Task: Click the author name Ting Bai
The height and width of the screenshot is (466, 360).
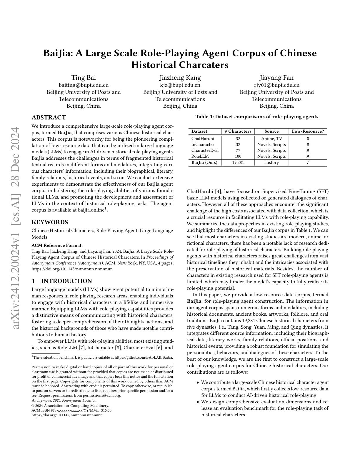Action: (x=84, y=78)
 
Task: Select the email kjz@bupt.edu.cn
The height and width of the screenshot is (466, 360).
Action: (x=180, y=85)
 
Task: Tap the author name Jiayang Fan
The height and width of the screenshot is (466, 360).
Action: (x=276, y=78)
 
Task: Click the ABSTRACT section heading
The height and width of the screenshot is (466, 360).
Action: (x=49, y=118)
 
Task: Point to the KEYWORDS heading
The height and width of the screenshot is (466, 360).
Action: (x=50, y=222)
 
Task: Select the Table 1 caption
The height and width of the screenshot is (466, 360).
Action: (x=257, y=117)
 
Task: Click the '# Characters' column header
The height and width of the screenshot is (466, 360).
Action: (x=238, y=131)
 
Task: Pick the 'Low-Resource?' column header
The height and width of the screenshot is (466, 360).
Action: (x=308, y=131)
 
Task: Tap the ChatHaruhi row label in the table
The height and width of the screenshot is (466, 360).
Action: (x=203, y=139)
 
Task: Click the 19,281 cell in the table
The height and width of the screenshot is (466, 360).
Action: (x=238, y=162)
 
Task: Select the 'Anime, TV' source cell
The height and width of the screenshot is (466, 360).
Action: (x=271, y=139)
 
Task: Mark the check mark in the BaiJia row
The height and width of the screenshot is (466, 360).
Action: (x=308, y=162)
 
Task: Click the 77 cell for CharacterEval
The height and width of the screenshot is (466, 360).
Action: (x=238, y=150)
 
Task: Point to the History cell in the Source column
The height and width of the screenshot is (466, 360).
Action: (x=271, y=162)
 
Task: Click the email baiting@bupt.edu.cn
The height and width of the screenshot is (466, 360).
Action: (x=84, y=85)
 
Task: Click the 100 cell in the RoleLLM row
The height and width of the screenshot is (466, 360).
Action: (x=238, y=156)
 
